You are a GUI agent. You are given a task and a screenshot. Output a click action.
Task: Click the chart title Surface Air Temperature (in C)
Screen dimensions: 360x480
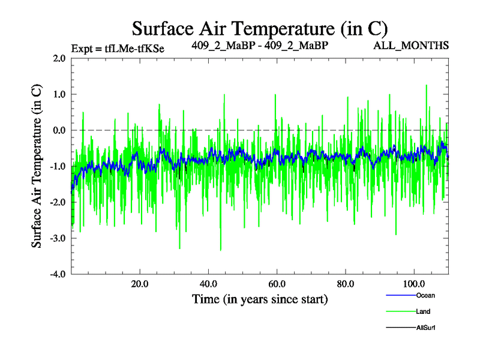(x=260, y=28)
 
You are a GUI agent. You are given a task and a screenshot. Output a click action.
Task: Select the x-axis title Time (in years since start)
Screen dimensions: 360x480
(x=260, y=298)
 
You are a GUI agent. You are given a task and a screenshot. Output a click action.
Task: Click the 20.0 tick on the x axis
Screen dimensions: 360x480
(x=140, y=284)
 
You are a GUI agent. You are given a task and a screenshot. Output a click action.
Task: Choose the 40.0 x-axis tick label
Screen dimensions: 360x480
(x=208, y=284)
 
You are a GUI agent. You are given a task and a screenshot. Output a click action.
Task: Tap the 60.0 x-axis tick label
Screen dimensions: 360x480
(x=277, y=284)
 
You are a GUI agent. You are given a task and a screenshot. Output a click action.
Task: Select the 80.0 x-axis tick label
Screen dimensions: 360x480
(x=345, y=284)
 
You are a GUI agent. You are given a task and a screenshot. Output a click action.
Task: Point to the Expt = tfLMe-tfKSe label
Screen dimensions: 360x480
(x=118, y=48)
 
